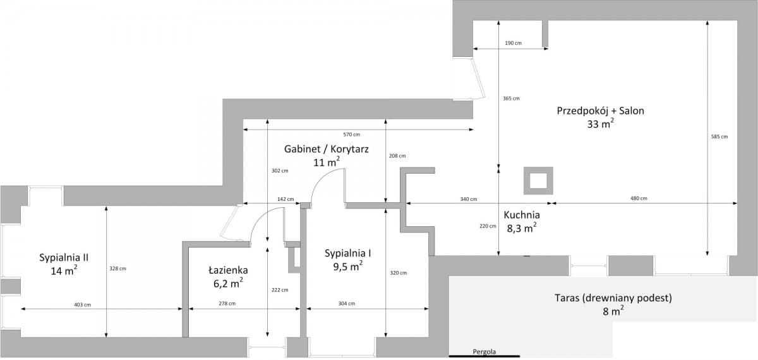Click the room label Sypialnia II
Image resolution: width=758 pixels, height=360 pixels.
[x=63, y=258]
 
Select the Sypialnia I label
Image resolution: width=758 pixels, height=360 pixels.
[x=347, y=253]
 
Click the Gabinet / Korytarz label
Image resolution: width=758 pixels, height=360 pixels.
[x=326, y=149]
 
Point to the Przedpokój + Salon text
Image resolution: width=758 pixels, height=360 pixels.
[x=600, y=111]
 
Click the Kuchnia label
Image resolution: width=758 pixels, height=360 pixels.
[x=521, y=215]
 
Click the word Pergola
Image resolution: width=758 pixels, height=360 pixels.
[x=484, y=352]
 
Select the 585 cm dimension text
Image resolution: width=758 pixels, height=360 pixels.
[x=719, y=136]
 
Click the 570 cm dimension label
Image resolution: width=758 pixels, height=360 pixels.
[x=352, y=135]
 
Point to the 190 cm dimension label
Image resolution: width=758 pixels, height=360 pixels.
[x=513, y=43]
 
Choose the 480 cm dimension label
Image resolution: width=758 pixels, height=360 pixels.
[x=639, y=198]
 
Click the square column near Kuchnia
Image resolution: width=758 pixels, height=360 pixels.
[x=538, y=181]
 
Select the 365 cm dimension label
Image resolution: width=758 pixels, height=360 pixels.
[x=511, y=99]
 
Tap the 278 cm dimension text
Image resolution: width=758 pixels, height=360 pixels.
[x=227, y=304]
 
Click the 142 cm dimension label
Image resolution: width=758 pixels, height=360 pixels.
[x=286, y=199]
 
